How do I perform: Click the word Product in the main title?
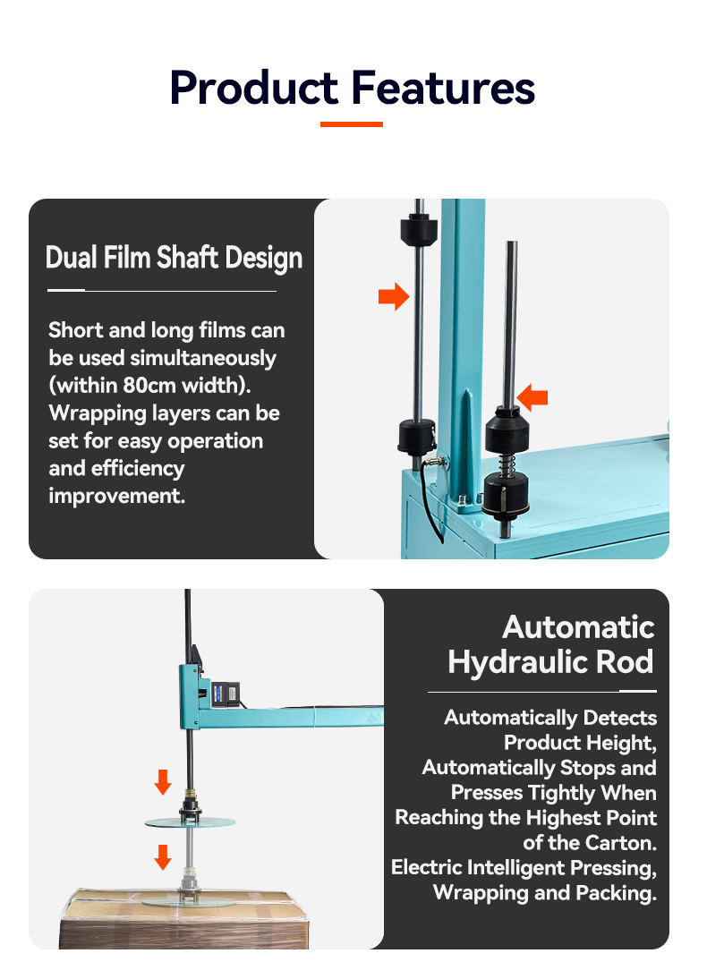click(253, 88)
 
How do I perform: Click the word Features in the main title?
click(443, 88)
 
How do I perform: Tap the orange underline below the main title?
click(352, 124)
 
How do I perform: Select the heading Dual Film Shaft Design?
click(174, 258)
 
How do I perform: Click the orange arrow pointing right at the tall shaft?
click(394, 296)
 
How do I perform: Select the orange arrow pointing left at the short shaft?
click(532, 397)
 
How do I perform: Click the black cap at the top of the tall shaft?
click(418, 228)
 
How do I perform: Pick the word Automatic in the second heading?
click(578, 627)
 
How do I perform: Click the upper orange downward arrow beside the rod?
click(163, 782)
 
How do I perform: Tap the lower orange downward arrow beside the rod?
click(163, 857)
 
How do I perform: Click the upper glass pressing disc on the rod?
click(190, 822)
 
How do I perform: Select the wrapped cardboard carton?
click(184, 919)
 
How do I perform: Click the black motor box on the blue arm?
click(225, 694)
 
